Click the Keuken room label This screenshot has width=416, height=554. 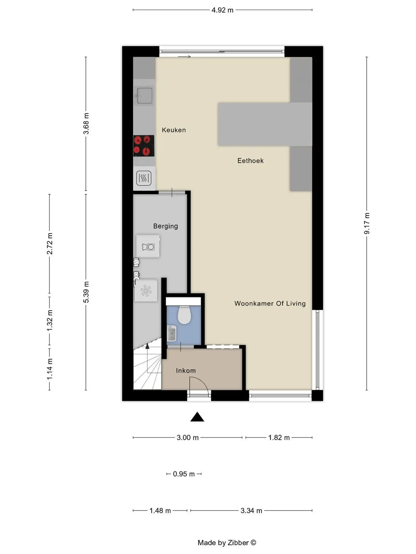click(x=174, y=130)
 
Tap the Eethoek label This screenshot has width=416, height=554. click(x=250, y=161)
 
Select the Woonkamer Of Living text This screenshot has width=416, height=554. click(x=270, y=303)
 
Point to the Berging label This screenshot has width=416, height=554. click(x=165, y=226)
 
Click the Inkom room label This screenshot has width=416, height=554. click(x=186, y=371)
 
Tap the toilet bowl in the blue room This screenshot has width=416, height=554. click(x=184, y=315)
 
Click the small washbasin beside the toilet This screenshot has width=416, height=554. click(x=172, y=333)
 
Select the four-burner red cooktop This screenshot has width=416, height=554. click(x=144, y=146)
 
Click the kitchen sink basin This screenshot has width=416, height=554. click(x=145, y=96)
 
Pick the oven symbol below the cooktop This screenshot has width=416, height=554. click(x=144, y=178)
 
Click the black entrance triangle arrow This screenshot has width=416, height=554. click(x=197, y=417)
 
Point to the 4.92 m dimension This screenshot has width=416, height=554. click(x=222, y=10)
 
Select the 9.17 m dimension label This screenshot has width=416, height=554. click(x=367, y=223)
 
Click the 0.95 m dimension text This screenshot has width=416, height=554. click(x=184, y=474)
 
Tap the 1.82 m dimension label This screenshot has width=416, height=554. click(x=279, y=438)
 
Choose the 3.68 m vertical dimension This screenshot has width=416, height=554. click(x=86, y=124)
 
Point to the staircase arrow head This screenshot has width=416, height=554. click(x=147, y=346)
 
